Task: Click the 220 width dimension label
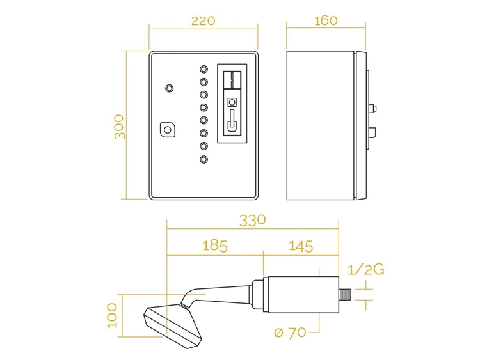click(x=204, y=21)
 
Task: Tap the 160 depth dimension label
click(x=326, y=20)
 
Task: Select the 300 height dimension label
click(x=120, y=127)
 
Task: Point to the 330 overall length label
click(x=253, y=221)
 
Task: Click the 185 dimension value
click(x=215, y=246)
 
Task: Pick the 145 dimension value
click(x=301, y=246)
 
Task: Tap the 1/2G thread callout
click(x=366, y=270)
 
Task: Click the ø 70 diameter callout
click(x=290, y=333)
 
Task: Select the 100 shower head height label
click(x=113, y=316)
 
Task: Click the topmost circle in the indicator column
click(x=204, y=69)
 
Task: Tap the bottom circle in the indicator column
click(x=204, y=159)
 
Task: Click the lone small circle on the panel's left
click(x=169, y=88)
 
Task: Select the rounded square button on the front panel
click(x=168, y=130)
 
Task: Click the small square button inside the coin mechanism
click(x=232, y=102)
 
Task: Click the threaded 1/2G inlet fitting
click(x=346, y=295)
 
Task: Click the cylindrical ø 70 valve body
click(x=303, y=295)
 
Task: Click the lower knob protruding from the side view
click(x=372, y=133)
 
